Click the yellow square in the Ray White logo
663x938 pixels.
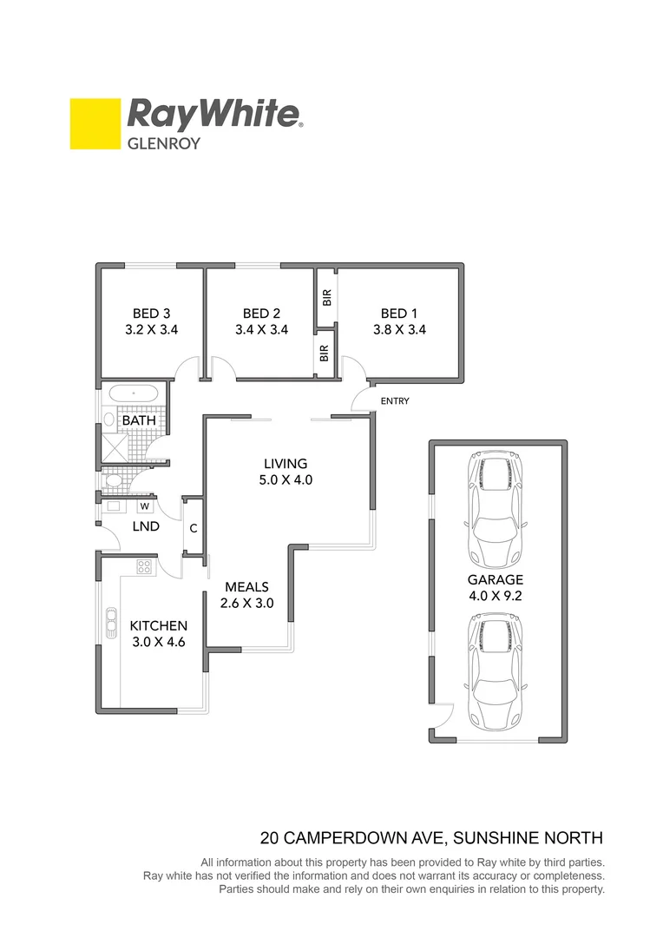pos(95,123)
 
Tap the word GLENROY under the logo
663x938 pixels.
pos(164,143)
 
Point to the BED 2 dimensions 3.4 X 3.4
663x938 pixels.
pos(261,330)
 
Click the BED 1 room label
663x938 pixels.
pos(399,313)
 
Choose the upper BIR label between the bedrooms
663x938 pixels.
pos(326,298)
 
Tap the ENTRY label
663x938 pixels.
pos(394,401)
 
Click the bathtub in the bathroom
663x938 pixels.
pos(134,393)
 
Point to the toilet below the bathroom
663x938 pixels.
pos(113,479)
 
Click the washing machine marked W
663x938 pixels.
pos(144,505)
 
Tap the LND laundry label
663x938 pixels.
pos(145,526)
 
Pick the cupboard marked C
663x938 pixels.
pos(193,527)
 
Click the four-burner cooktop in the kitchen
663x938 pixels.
pos(144,567)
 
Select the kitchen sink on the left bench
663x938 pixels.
pos(111,623)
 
